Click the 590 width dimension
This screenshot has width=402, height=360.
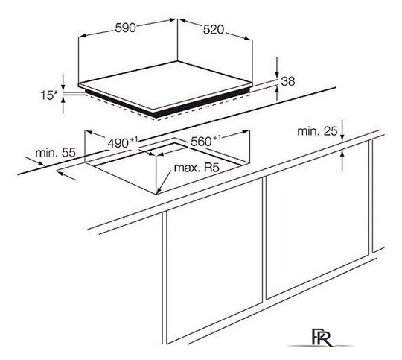point(125,28)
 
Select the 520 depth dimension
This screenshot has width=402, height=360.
point(214,30)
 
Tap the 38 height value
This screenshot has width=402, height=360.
point(288,81)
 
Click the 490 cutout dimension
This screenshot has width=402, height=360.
point(123,142)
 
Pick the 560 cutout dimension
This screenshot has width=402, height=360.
point(205,141)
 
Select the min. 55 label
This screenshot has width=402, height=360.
point(55,153)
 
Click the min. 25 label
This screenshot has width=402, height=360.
point(317,131)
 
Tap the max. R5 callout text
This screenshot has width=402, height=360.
point(197,168)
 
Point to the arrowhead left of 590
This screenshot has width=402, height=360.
point(82,37)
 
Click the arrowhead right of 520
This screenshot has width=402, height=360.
point(248,38)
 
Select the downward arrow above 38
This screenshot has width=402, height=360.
point(277,67)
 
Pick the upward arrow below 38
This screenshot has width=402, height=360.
point(277,93)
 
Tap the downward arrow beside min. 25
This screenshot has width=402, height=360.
point(342,130)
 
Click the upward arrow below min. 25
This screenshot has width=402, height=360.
point(342,161)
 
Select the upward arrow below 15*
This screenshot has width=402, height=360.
point(63,105)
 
